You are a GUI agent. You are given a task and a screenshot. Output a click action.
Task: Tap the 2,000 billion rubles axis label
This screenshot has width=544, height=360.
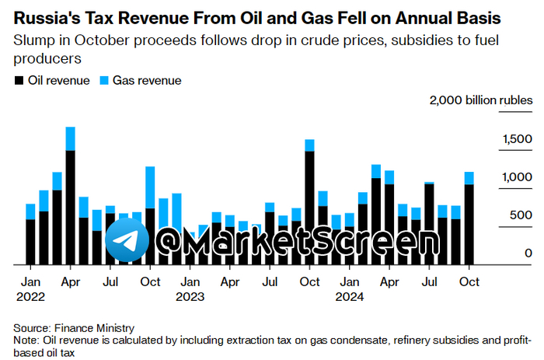[x=482, y=100]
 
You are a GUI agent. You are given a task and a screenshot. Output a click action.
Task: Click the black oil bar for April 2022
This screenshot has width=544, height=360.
[x=71, y=206]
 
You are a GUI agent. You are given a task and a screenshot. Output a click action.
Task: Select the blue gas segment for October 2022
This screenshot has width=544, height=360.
[x=151, y=182]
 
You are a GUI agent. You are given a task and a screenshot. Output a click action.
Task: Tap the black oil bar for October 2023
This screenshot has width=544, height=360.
[x=309, y=206]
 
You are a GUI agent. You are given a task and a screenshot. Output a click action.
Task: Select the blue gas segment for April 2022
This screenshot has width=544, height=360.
[x=71, y=138]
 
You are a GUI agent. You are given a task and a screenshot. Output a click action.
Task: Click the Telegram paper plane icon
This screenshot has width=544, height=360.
[x=127, y=240]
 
